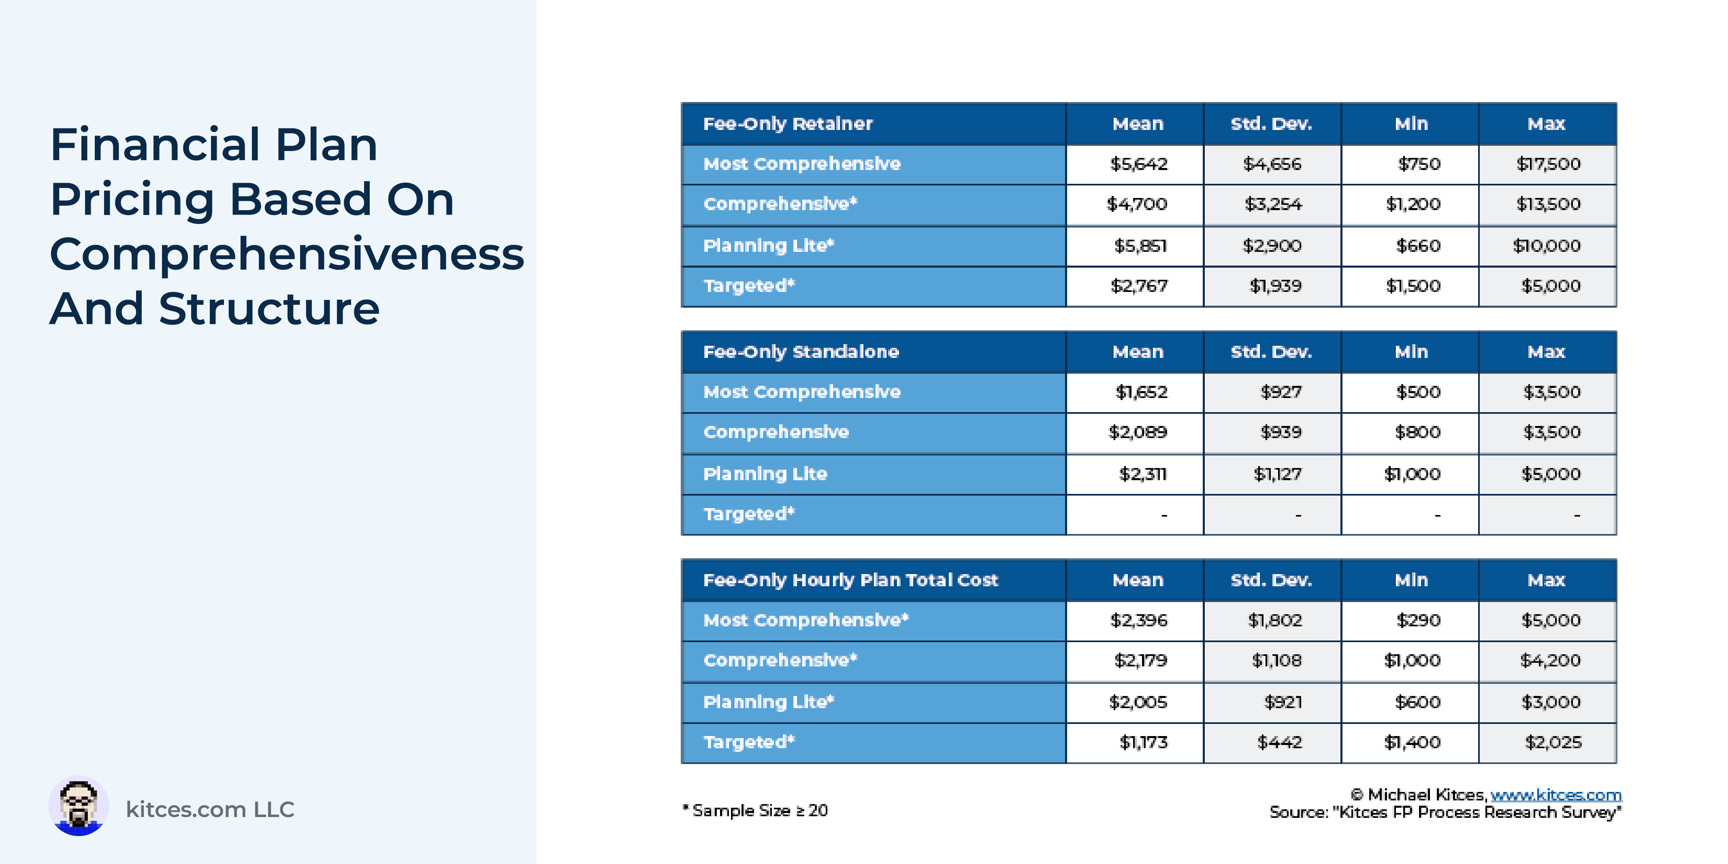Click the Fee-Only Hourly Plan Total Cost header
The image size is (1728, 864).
tap(850, 580)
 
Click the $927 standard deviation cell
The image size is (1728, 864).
tap(1281, 392)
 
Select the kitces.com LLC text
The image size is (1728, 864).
tap(210, 810)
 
